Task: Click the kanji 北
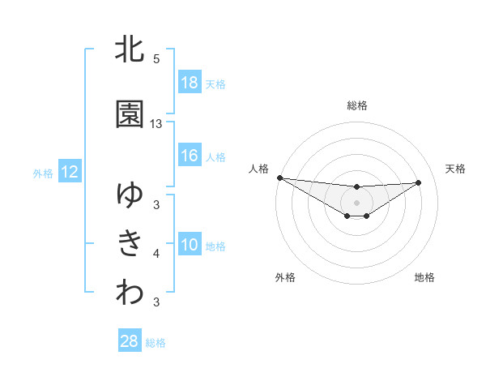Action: tap(130, 49)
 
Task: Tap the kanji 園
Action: tap(130, 115)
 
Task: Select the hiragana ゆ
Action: tap(130, 195)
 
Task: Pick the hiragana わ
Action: tap(130, 293)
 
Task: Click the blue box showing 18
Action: tap(190, 83)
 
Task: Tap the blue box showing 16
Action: tap(190, 156)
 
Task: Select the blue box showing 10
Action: tap(190, 246)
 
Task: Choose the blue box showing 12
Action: tap(69, 172)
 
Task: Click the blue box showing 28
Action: tap(130, 342)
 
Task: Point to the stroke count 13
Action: tap(156, 124)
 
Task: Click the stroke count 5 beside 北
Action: tap(156, 59)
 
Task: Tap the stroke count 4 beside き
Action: tap(156, 255)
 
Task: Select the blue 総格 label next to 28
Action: tap(156, 343)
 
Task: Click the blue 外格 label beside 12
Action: tap(42, 173)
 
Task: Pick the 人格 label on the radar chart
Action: tap(258, 169)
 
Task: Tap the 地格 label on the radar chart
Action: tap(424, 277)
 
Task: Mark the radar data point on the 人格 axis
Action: tap(279, 178)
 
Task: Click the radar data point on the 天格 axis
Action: tap(419, 182)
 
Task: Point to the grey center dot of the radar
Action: tap(356, 202)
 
